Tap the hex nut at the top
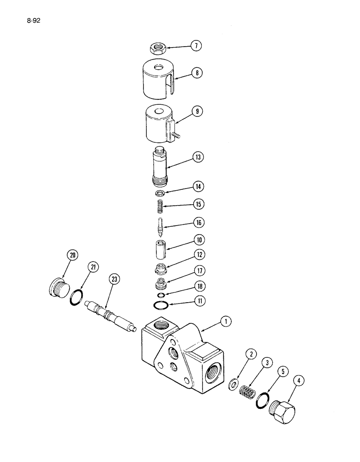pyautogui.click(x=158, y=47)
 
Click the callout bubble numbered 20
pyautogui.click(x=73, y=255)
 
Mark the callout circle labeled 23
pyautogui.click(x=114, y=279)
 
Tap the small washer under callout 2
pyautogui.click(x=234, y=383)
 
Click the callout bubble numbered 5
pyautogui.click(x=280, y=370)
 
